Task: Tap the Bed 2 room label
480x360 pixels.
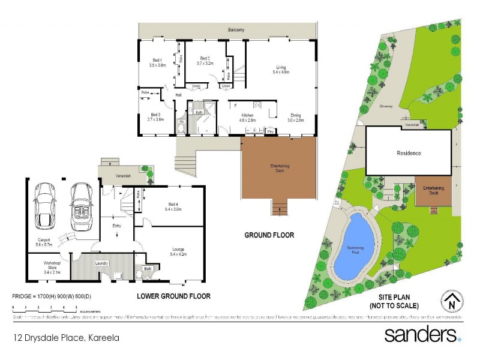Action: (x=205, y=59)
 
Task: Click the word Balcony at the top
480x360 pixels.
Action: (x=236, y=29)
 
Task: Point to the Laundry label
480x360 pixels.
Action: (x=101, y=262)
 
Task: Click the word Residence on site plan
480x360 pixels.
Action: (x=409, y=153)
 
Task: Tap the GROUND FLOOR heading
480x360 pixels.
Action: (x=269, y=235)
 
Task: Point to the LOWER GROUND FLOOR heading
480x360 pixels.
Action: (x=173, y=296)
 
